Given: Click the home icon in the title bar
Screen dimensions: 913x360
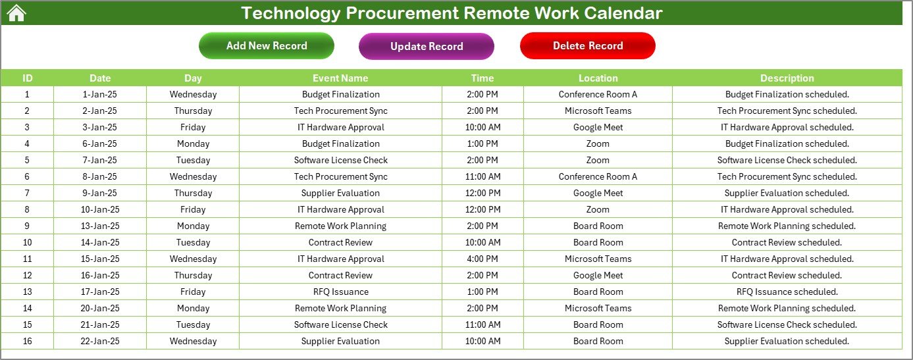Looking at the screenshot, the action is (x=16, y=13).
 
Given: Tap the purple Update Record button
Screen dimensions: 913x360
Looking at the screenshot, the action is (x=427, y=46).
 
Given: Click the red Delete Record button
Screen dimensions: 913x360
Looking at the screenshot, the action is (x=588, y=45).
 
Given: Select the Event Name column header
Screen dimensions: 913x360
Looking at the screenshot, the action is (x=340, y=78).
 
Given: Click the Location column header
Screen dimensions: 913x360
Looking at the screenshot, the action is (x=598, y=78).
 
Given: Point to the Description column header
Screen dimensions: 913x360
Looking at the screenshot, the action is (x=787, y=78).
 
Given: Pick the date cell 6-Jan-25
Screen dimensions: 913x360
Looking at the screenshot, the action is (x=100, y=143).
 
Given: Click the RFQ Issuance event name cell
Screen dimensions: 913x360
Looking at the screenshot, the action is (x=341, y=292).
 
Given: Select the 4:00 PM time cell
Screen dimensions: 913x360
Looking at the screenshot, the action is (x=483, y=259).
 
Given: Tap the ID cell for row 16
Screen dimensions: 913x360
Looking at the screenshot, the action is (x=27, y=341).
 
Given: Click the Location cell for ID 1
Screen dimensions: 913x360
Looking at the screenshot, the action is (x=598, y=94).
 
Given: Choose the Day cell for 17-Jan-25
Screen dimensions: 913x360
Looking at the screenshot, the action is (x=193, y=292).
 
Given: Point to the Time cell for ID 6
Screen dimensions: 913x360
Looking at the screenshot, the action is (x=483, y=176).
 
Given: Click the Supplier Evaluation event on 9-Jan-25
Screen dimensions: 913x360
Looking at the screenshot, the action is (x=341, y=193).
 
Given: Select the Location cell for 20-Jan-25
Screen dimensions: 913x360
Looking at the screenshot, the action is (x=598, y=308).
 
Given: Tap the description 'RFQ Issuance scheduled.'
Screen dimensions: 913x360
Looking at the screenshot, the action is (x=787, y=292).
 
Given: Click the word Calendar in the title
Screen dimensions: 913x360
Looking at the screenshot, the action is (x=623, y=13).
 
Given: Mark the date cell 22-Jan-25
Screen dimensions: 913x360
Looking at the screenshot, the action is (x=100, y=341).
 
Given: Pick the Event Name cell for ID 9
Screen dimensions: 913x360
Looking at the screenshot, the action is (x=341, y=226).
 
